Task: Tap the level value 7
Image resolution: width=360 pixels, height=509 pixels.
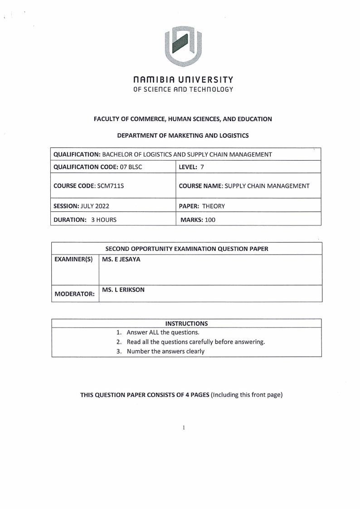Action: click(203, 167)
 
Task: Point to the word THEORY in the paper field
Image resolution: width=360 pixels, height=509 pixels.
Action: click(214, 206)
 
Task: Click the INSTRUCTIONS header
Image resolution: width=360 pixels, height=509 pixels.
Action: click(186, 323)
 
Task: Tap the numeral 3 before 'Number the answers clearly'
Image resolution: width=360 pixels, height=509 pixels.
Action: click(118, 351)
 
